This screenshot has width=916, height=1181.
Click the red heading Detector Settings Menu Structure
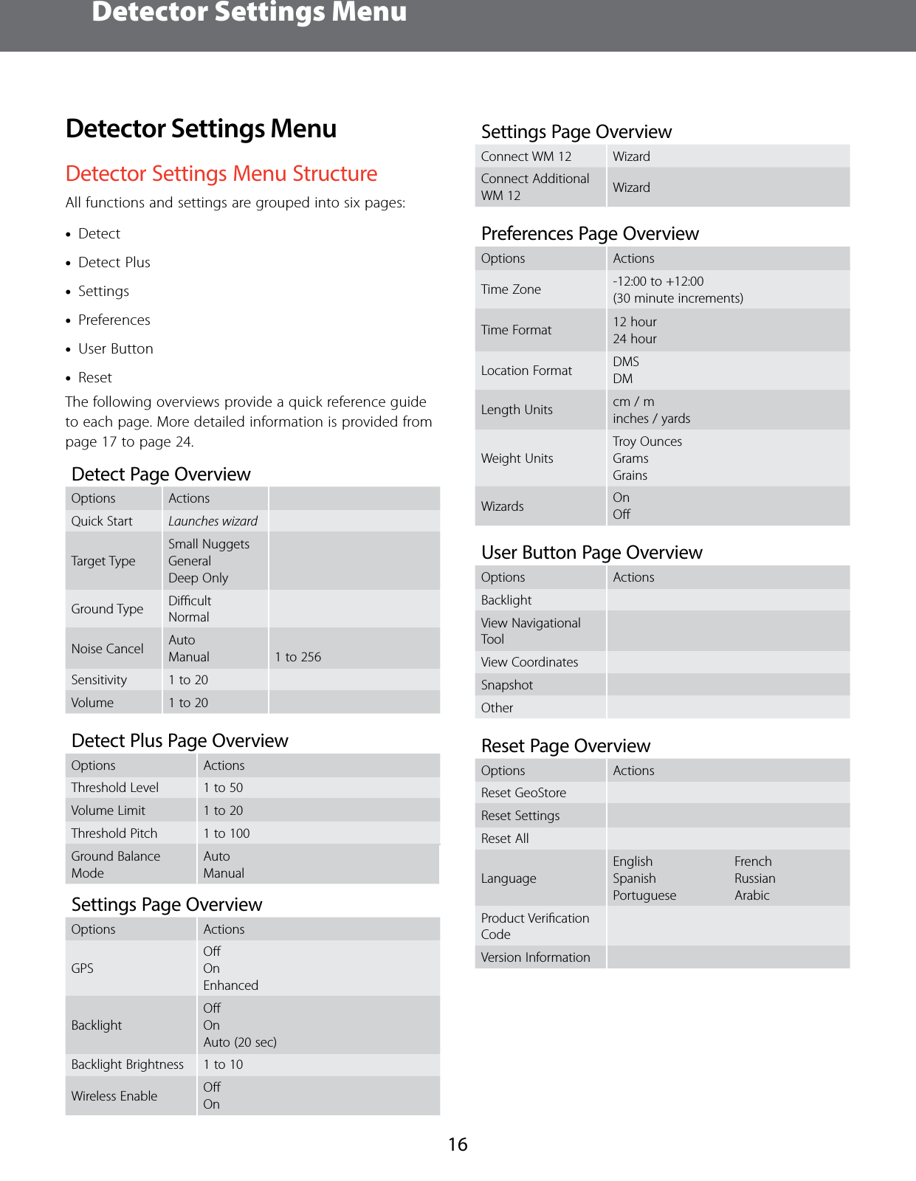pyautogui.click(x=221, y=173)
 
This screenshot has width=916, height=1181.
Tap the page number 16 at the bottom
pyautogui.click(x=458, y=1144)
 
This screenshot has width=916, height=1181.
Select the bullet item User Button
pyautogui.click(x=116, y=348)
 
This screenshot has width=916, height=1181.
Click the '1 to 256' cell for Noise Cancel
pyautogui.click(x=297, y=657)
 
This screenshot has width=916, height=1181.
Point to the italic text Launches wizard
pyautogui.click(x=213, y=521)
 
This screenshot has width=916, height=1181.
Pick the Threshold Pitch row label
pyautogui.click(x=114, y=833)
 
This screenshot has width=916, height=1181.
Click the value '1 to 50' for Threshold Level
pyautogui.click(x=223, y=788)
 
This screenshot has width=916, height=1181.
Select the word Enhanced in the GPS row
pyautogui.click(x=230, y=985)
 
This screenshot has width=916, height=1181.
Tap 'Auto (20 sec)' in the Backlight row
pyautogui.click(x=240, y=1042)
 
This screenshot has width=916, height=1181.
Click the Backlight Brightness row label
pyautogui.click(x=128, y=1064)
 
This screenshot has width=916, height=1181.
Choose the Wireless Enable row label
pyautogui.click(x=114, y=1096)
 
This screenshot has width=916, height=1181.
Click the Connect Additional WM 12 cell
pyautogui.click(x=535, y=187)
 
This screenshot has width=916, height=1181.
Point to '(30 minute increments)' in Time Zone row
pyautogui.click(x=678, y=298)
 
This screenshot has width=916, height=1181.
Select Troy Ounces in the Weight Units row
pyautogui.click(x=647, y=441)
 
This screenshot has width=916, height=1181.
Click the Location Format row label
pyautogui.click(x=526, y=371)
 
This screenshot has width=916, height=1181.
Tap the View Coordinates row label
pyautogui.click(x=529, y=662)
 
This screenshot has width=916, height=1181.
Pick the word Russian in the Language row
pyautogui.click(x=754, y=878)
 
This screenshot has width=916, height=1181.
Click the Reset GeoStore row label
pyautogui.click(x=523, y=793)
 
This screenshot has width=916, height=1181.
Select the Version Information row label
pyautogui.click(x=535, y=957)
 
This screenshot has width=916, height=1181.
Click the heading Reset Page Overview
pyautogui.click(x=565, y=746)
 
